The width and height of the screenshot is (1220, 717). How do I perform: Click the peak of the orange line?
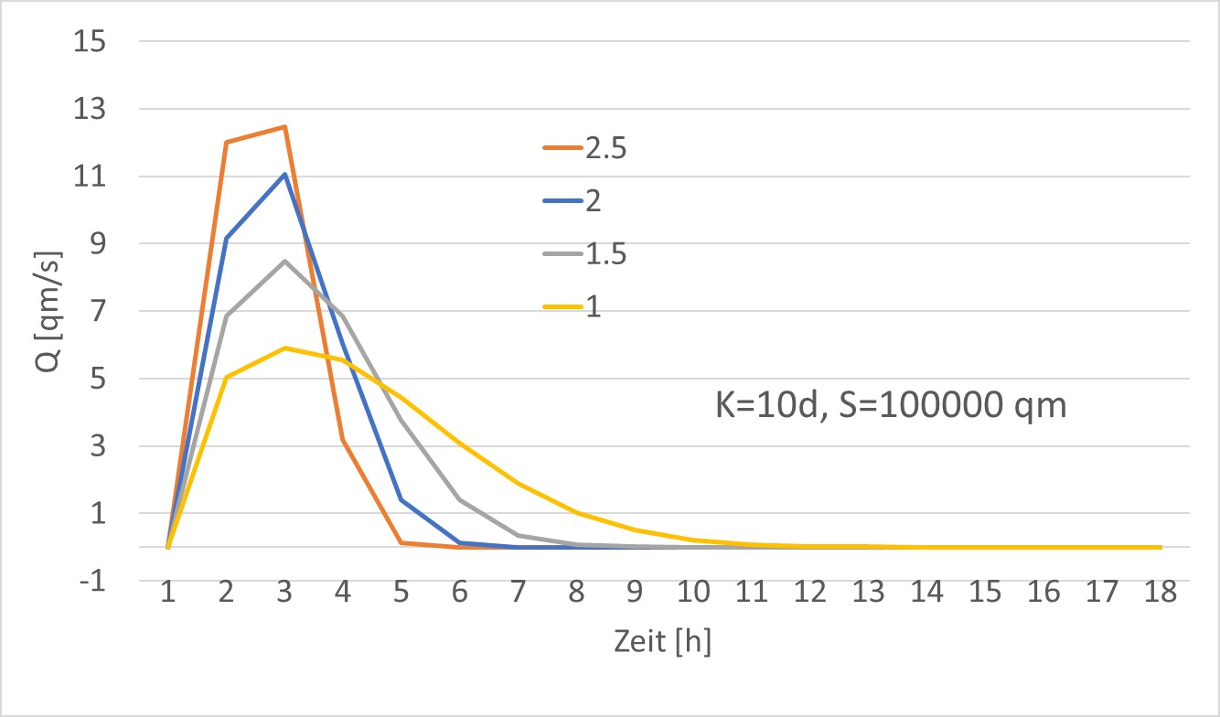point(284,126)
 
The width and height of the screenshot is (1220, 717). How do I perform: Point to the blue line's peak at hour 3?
point(284,174)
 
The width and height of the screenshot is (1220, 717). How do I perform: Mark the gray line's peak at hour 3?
point(284,261)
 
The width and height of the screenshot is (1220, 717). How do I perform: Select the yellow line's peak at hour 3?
point(284,348)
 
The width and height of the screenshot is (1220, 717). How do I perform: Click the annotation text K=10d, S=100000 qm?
point(891,404)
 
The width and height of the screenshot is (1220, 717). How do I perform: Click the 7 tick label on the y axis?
point(99,312)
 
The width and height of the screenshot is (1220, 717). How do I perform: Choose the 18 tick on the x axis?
point(1161,594)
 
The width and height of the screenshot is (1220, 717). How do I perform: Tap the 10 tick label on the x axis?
point(693,594)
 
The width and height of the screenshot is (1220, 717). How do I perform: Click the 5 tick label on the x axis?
point(401,594)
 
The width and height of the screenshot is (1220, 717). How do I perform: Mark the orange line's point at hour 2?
point(226,142)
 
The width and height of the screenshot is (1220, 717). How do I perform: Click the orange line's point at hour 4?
point(343,440)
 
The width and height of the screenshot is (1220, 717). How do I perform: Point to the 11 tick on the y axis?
point(93,177)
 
